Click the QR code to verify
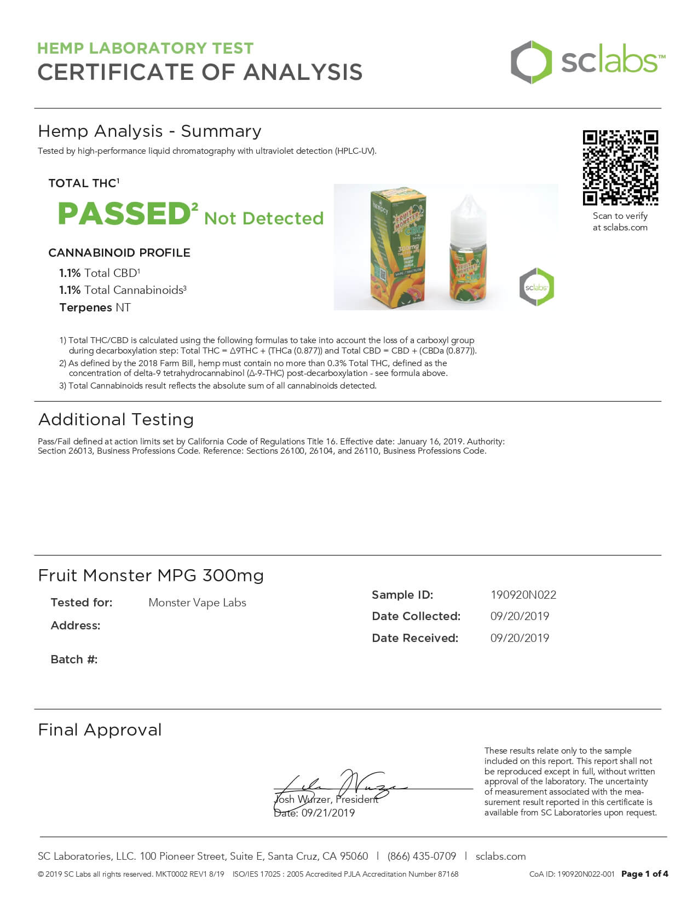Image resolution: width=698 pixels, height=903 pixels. pyautogui.click(x=620, y=167)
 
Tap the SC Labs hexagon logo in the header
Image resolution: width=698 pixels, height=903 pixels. pyautogui.click(x=531, y=62)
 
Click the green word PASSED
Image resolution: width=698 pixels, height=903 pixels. pyautogui.click(x=124, y=213)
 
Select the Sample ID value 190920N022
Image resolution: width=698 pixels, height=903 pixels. pyautogui.click(x=523, y=595)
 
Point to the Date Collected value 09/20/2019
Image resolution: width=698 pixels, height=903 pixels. pyautogui.click(x=520, y=616)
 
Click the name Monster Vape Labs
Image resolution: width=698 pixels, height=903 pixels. pyautogui.click(x=197, y=603)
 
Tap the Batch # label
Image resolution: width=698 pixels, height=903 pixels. pyautogui.click(x=74, y=659)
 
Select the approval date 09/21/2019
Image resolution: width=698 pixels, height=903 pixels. pyautogui.click(x=327, y=813)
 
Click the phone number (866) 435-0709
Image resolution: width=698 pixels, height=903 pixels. pyautogui.click(x=422, y=856)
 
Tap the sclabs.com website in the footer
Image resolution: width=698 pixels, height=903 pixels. pyautogui.click(x=500, y=856)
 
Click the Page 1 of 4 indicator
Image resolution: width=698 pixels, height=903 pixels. pyautogui.click(x=644, y=874)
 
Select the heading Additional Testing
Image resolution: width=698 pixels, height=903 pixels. pyautogui.click(x=116, y=420)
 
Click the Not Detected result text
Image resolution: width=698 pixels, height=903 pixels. pyautogui.click(x=264, y=218)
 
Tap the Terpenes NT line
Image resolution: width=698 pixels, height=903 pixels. pyautogui.click(x=95, y=308)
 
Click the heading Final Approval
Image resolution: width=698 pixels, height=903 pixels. pyautogui.click(x=100, y=730)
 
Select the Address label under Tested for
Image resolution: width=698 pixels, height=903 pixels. pyautogui.click(x=76, y=626)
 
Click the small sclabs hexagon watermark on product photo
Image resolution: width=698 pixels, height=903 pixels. pyautogui.click(x=537, y=287)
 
